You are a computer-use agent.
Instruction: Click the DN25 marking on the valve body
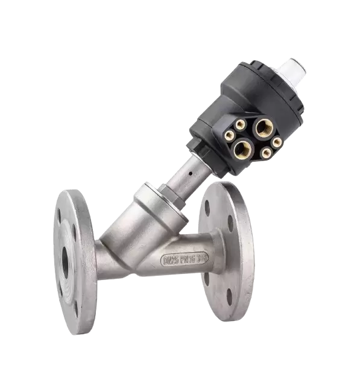pyautogui.click(x=171, y=261)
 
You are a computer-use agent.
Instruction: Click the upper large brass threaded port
pyautogui.click(x=263, y=127)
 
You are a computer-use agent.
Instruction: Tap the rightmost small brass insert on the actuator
pyautogui.click(x=277, y=143)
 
